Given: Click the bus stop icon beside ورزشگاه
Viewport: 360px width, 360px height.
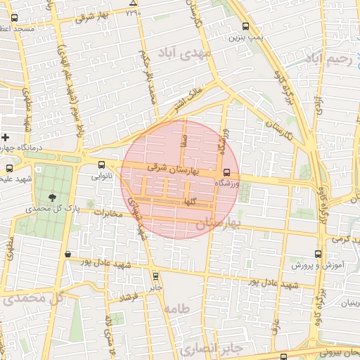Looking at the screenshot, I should click(x=226, y=172).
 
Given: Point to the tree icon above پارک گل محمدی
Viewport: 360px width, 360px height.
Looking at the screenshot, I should click(x=53, y=196).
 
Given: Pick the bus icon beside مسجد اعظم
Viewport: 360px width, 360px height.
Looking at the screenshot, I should click(x=15, y=17).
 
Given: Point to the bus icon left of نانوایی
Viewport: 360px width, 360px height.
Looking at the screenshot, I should click(x=102, y=165).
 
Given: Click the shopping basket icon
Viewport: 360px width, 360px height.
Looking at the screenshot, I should click(x=67, y=254).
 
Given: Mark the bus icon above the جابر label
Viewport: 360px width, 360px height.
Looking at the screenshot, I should click(x=155, y=276).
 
